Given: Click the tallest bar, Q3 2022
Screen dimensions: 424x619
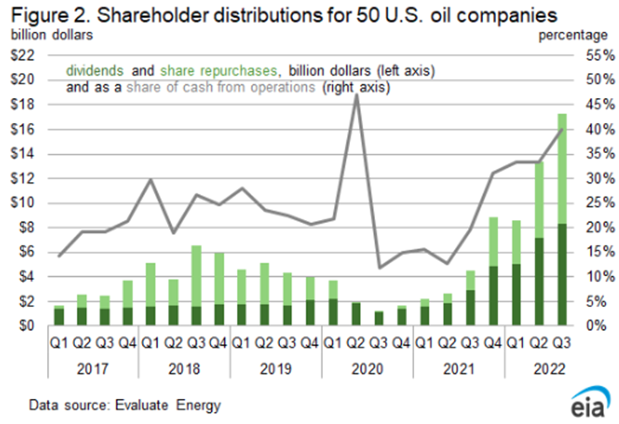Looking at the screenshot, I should [x=563, y=220].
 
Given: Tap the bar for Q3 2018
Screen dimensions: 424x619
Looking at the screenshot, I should [x=195, y=285].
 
